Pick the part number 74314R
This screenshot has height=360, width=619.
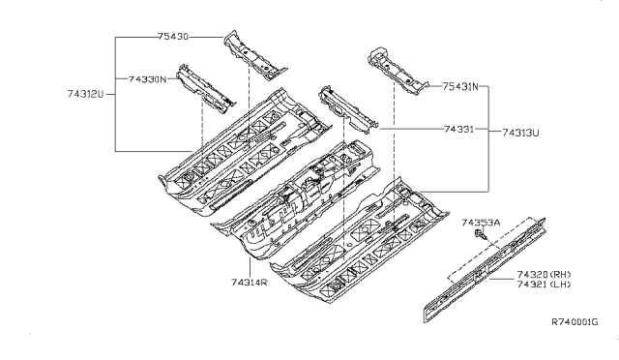pos(251,282)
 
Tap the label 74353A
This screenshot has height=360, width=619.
pos(480,224)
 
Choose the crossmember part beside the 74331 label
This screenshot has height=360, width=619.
pos(344,106)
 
